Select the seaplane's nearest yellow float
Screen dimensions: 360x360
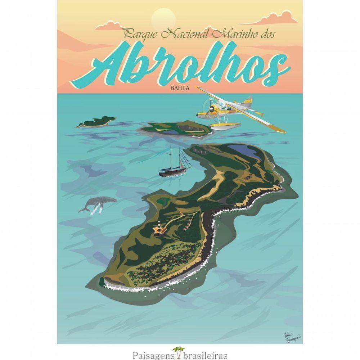[225, 126]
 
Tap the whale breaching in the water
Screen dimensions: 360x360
[98, 204]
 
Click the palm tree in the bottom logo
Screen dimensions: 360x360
[179, 352]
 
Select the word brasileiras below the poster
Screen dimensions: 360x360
[206, 355]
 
